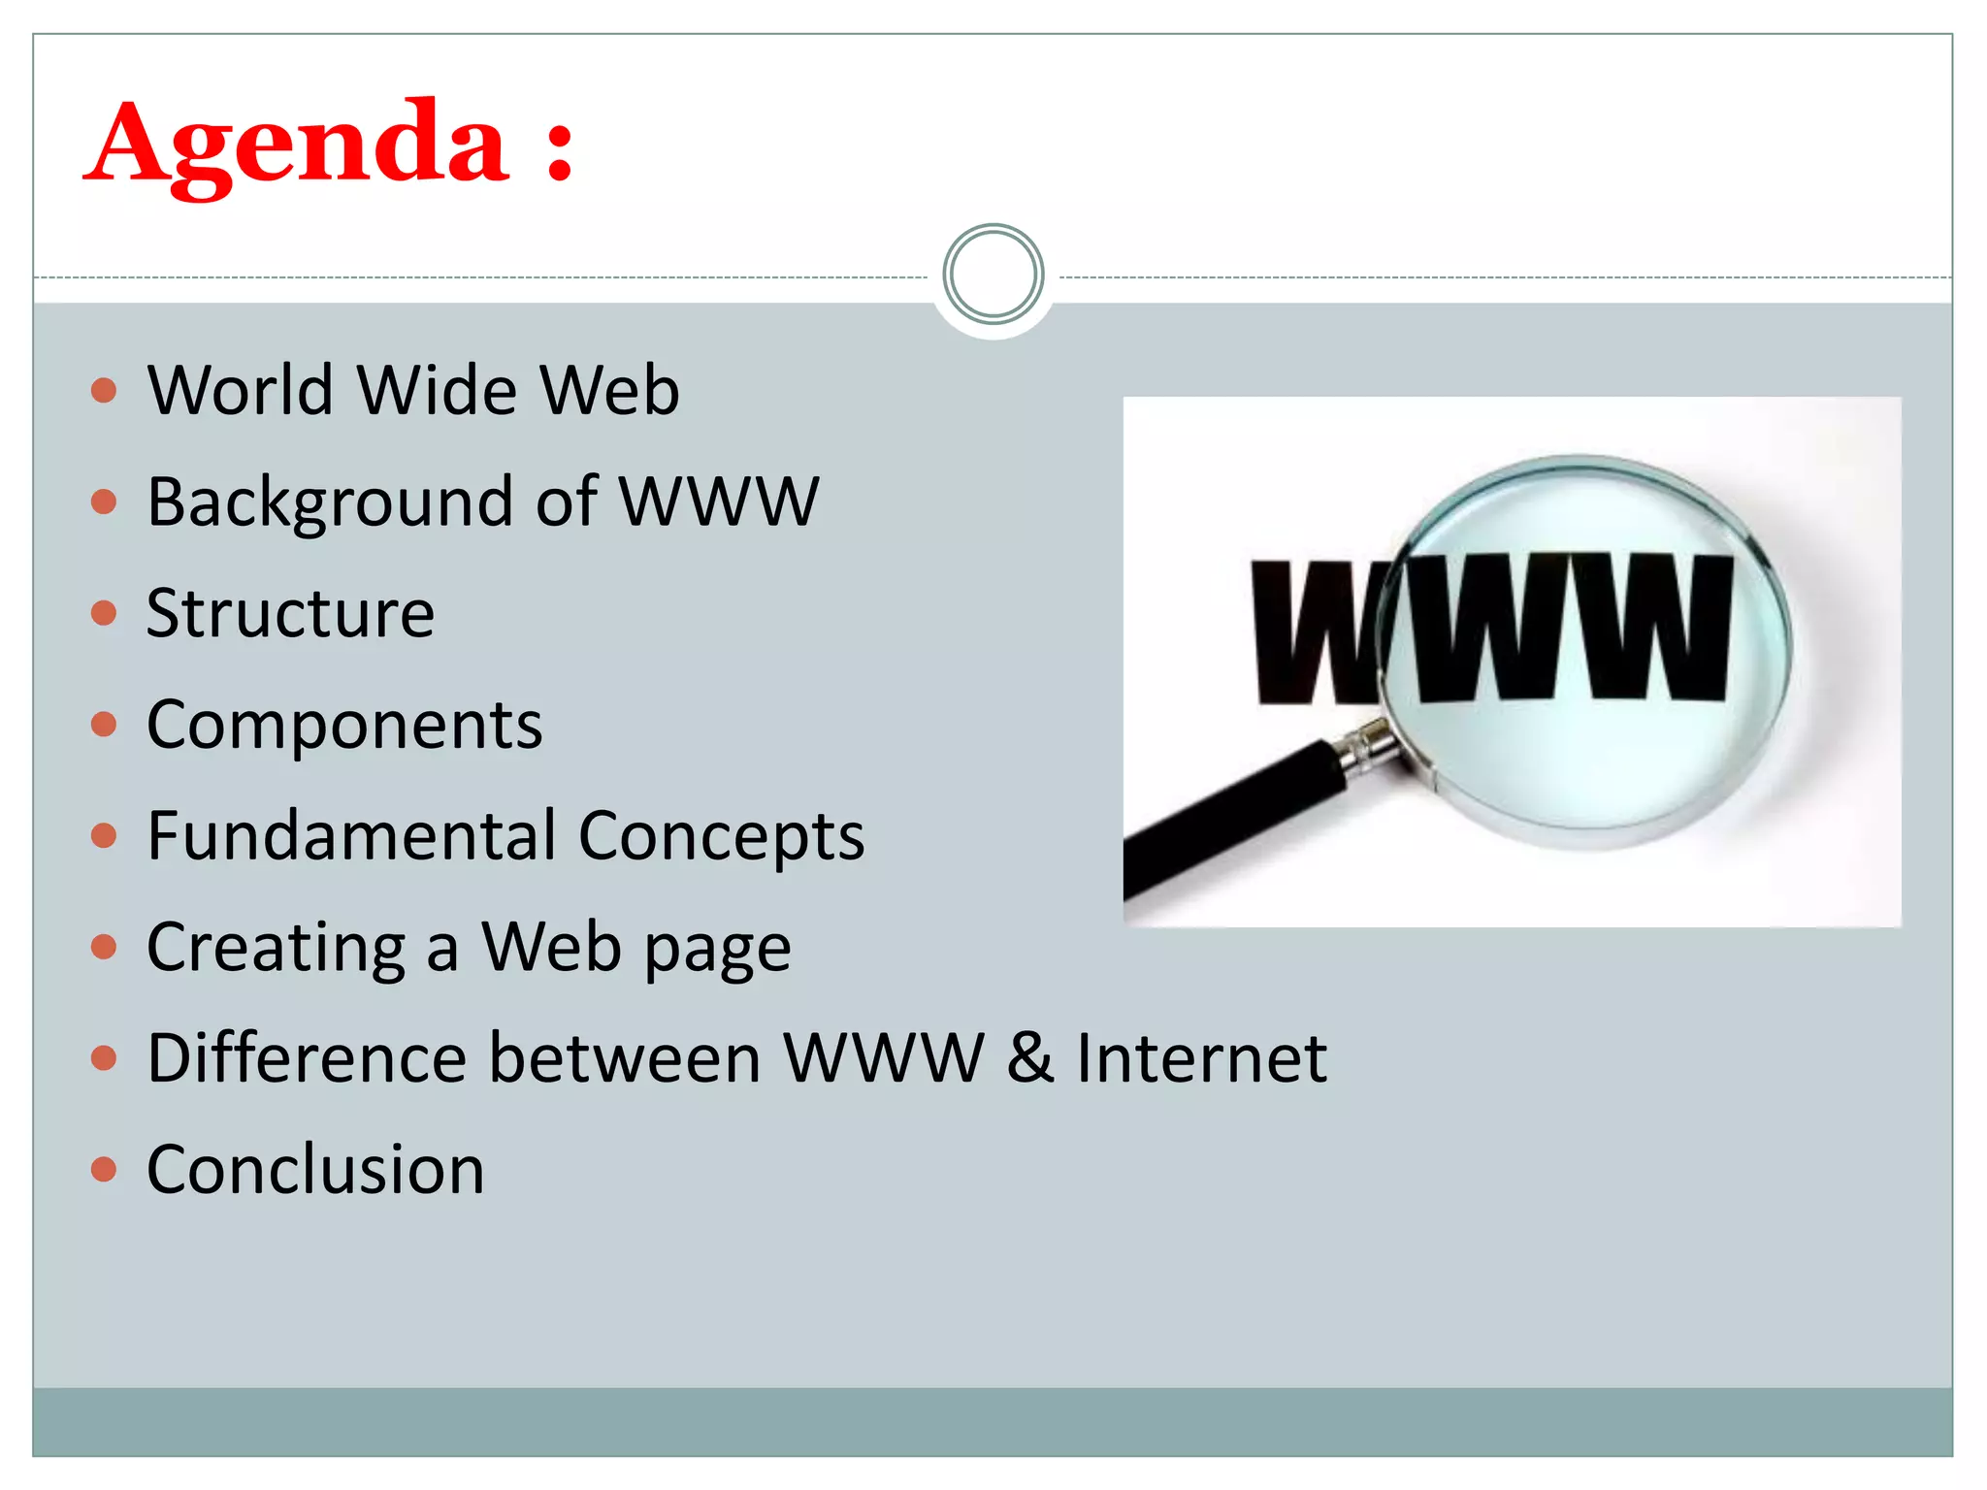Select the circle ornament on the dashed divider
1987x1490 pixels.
993,275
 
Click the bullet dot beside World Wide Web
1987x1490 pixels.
104,391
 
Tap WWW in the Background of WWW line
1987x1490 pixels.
719,502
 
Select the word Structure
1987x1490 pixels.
290,613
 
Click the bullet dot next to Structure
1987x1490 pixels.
104,613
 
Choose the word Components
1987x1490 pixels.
344,725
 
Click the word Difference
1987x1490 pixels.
308,1057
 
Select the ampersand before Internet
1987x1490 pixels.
1030,1057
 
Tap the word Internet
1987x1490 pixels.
1202,1057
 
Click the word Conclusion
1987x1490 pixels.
315,1169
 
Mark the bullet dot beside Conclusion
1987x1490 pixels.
104,1169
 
